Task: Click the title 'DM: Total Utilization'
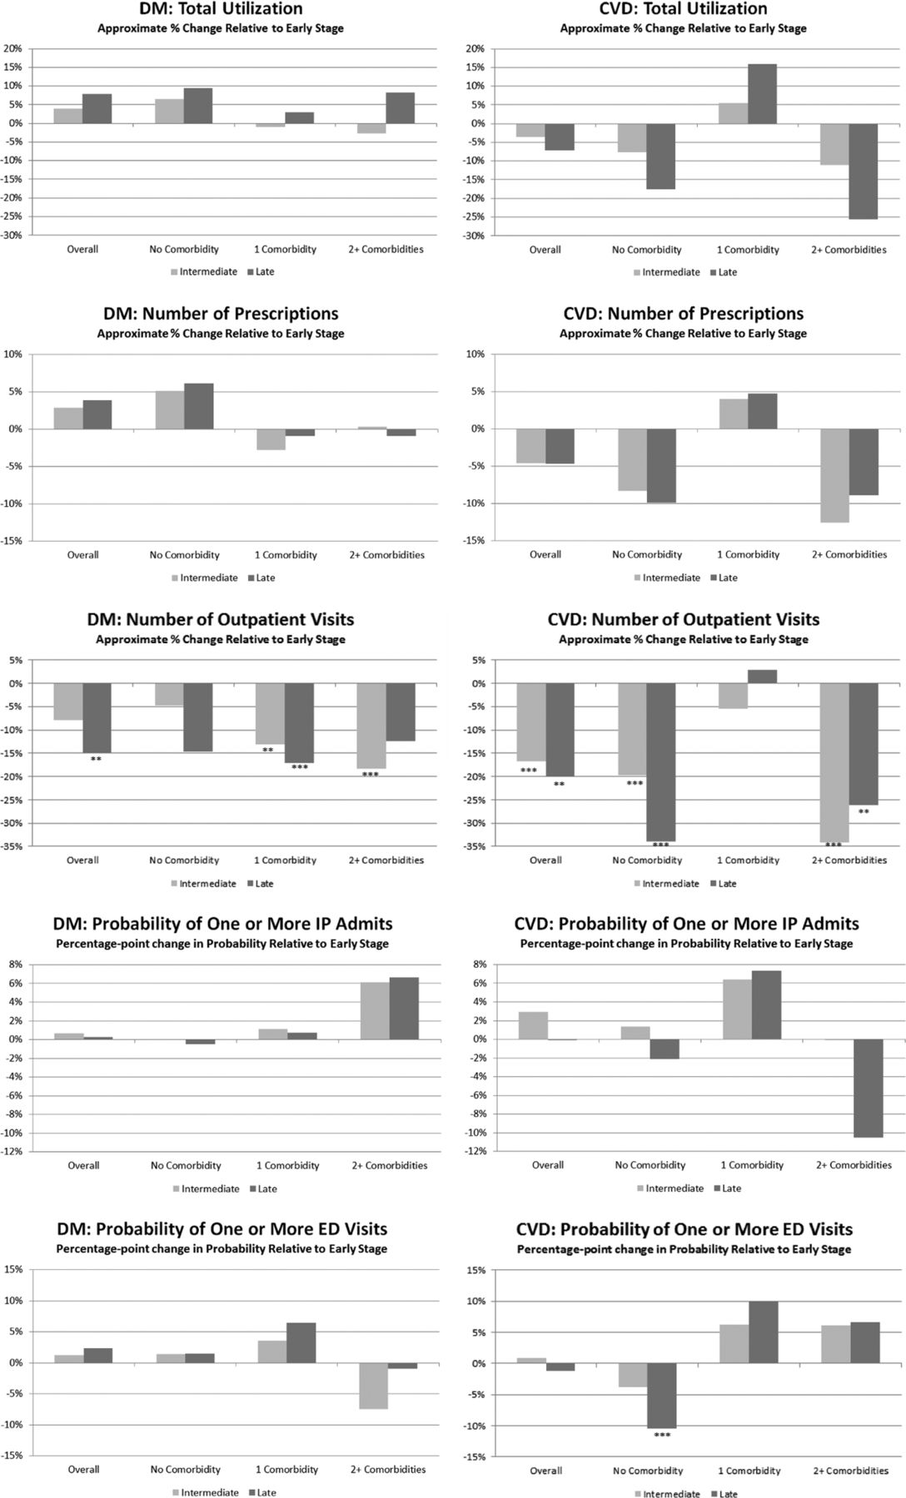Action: click(x=220, y=9)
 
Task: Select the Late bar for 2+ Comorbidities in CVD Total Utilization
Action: click(x=864, y=171)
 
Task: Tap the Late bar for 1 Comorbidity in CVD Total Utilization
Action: click(x=762, y=94)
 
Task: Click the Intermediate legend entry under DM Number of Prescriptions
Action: click(x=204, y=578)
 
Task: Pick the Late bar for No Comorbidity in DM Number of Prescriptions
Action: click(x=198, y=406)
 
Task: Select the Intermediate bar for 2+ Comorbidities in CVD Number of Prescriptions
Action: click(x=834, y=476)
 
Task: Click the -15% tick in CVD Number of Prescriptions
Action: click(x=474, y=541)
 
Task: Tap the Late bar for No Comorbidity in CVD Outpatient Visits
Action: click(x=660, y=762)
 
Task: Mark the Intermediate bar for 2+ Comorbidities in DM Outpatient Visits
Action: click(x=371, y=726)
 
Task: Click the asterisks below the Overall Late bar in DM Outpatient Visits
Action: click(x=97, y=759)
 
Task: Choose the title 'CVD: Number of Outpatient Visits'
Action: click(x=684, y=620)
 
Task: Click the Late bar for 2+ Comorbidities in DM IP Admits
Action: click(x=404, y=1009)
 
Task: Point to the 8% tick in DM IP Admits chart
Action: click(x=15, y=965)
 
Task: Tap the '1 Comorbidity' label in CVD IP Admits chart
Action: click(x=752, y=1165)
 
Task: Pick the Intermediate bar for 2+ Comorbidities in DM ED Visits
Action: click(x=374, y=1386)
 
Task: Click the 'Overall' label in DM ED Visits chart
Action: click(x=83, y=1470)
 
